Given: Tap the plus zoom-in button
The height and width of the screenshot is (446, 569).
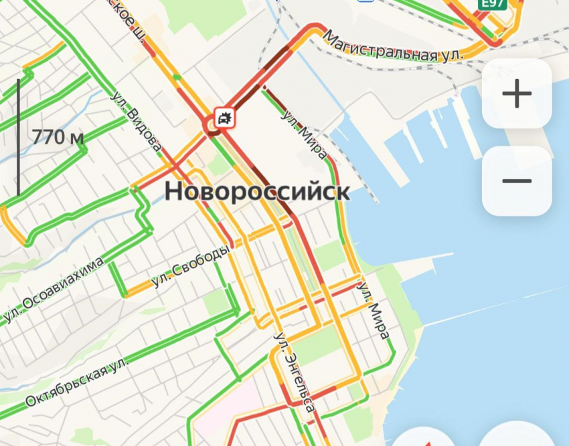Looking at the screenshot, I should click(516, 94).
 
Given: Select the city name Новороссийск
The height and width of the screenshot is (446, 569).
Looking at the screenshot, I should click(257, 192).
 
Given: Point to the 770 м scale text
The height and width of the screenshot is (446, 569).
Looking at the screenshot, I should click(58, 138).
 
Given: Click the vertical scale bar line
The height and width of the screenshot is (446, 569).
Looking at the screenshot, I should click(18, 137).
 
